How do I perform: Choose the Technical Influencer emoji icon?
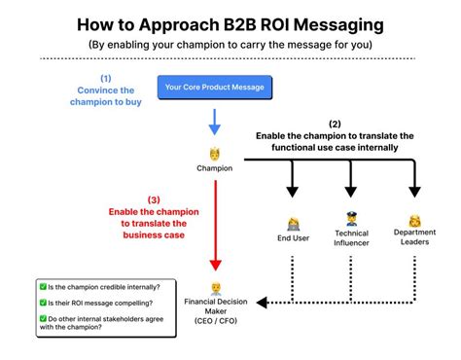tap(351, 219)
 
